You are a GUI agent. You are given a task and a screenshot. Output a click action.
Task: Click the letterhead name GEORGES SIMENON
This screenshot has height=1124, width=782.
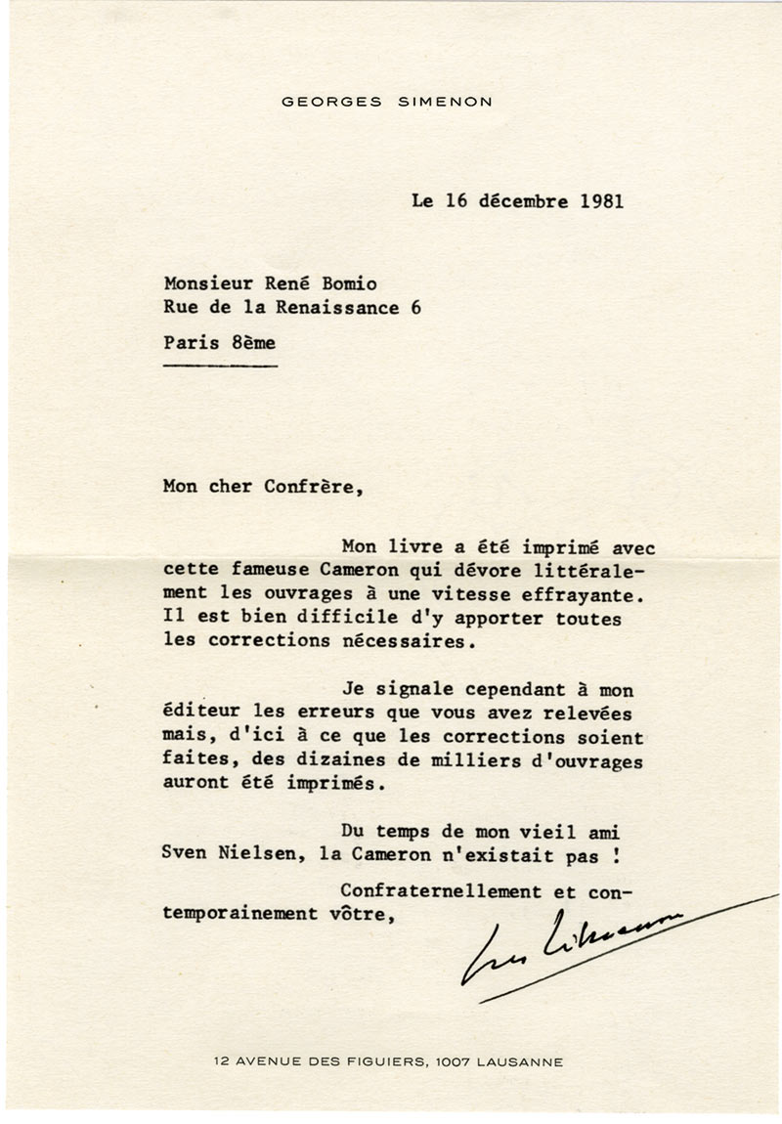click(387, 101)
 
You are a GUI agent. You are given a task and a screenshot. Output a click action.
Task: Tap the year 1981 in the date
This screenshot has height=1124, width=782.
click(595, 202)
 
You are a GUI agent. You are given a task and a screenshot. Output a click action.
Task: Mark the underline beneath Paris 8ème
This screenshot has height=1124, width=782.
click(221, 366)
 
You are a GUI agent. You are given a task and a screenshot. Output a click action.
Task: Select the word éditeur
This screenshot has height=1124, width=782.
click(202, 713)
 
